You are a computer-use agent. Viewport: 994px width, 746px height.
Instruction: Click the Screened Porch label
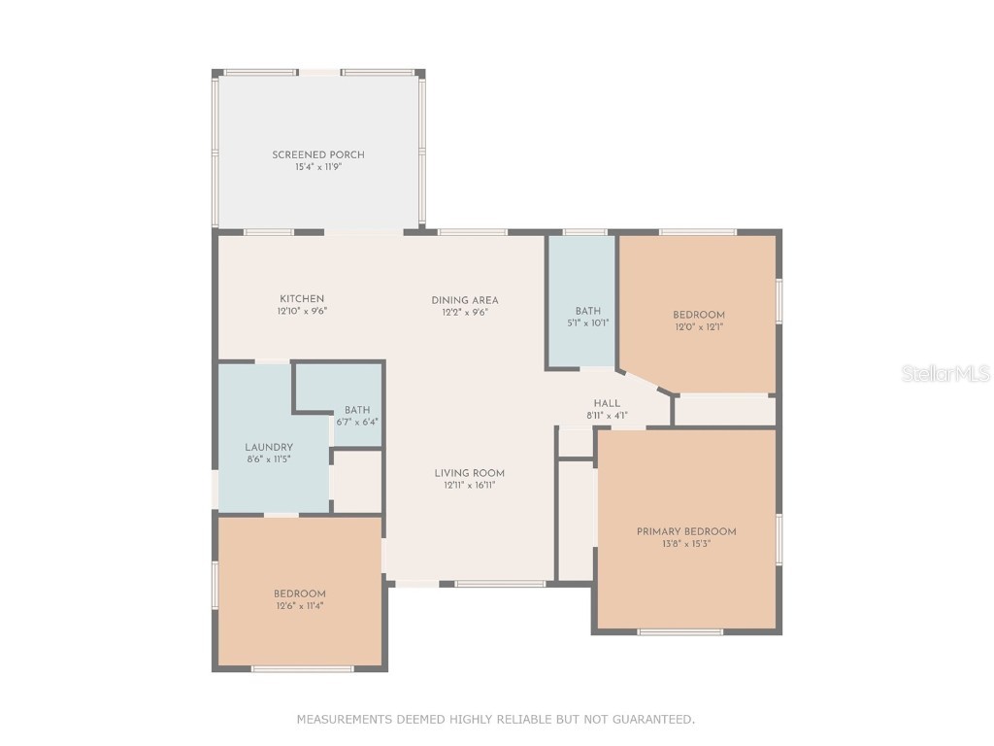318,154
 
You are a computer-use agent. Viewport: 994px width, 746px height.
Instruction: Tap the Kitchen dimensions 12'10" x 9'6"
302,312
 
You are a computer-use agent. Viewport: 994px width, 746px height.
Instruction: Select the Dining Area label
465,300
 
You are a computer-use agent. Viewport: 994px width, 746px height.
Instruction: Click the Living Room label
469,473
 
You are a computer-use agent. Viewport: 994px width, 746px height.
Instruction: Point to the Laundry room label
269,447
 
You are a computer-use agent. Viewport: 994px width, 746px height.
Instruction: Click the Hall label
607,403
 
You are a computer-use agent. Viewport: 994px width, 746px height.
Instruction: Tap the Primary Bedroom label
686,531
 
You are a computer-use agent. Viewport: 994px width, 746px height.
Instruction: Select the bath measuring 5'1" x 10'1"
588,317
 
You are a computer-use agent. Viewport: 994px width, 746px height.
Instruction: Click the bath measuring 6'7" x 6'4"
357,416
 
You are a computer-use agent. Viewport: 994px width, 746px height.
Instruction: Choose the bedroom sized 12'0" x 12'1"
699,321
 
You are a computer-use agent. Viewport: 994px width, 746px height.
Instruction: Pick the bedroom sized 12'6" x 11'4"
299,599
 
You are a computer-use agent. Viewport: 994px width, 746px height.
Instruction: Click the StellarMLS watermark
944,373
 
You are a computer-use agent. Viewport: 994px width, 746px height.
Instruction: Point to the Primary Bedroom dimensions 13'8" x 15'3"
686,544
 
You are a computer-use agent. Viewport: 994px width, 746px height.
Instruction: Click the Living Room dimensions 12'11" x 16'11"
469,485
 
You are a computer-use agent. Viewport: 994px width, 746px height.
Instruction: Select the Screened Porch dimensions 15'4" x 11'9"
318,167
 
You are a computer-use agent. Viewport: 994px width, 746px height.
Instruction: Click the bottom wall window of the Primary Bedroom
680,631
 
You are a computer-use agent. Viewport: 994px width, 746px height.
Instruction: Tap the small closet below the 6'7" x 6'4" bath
357,481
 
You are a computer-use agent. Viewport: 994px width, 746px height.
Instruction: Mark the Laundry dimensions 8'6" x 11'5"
269,459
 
